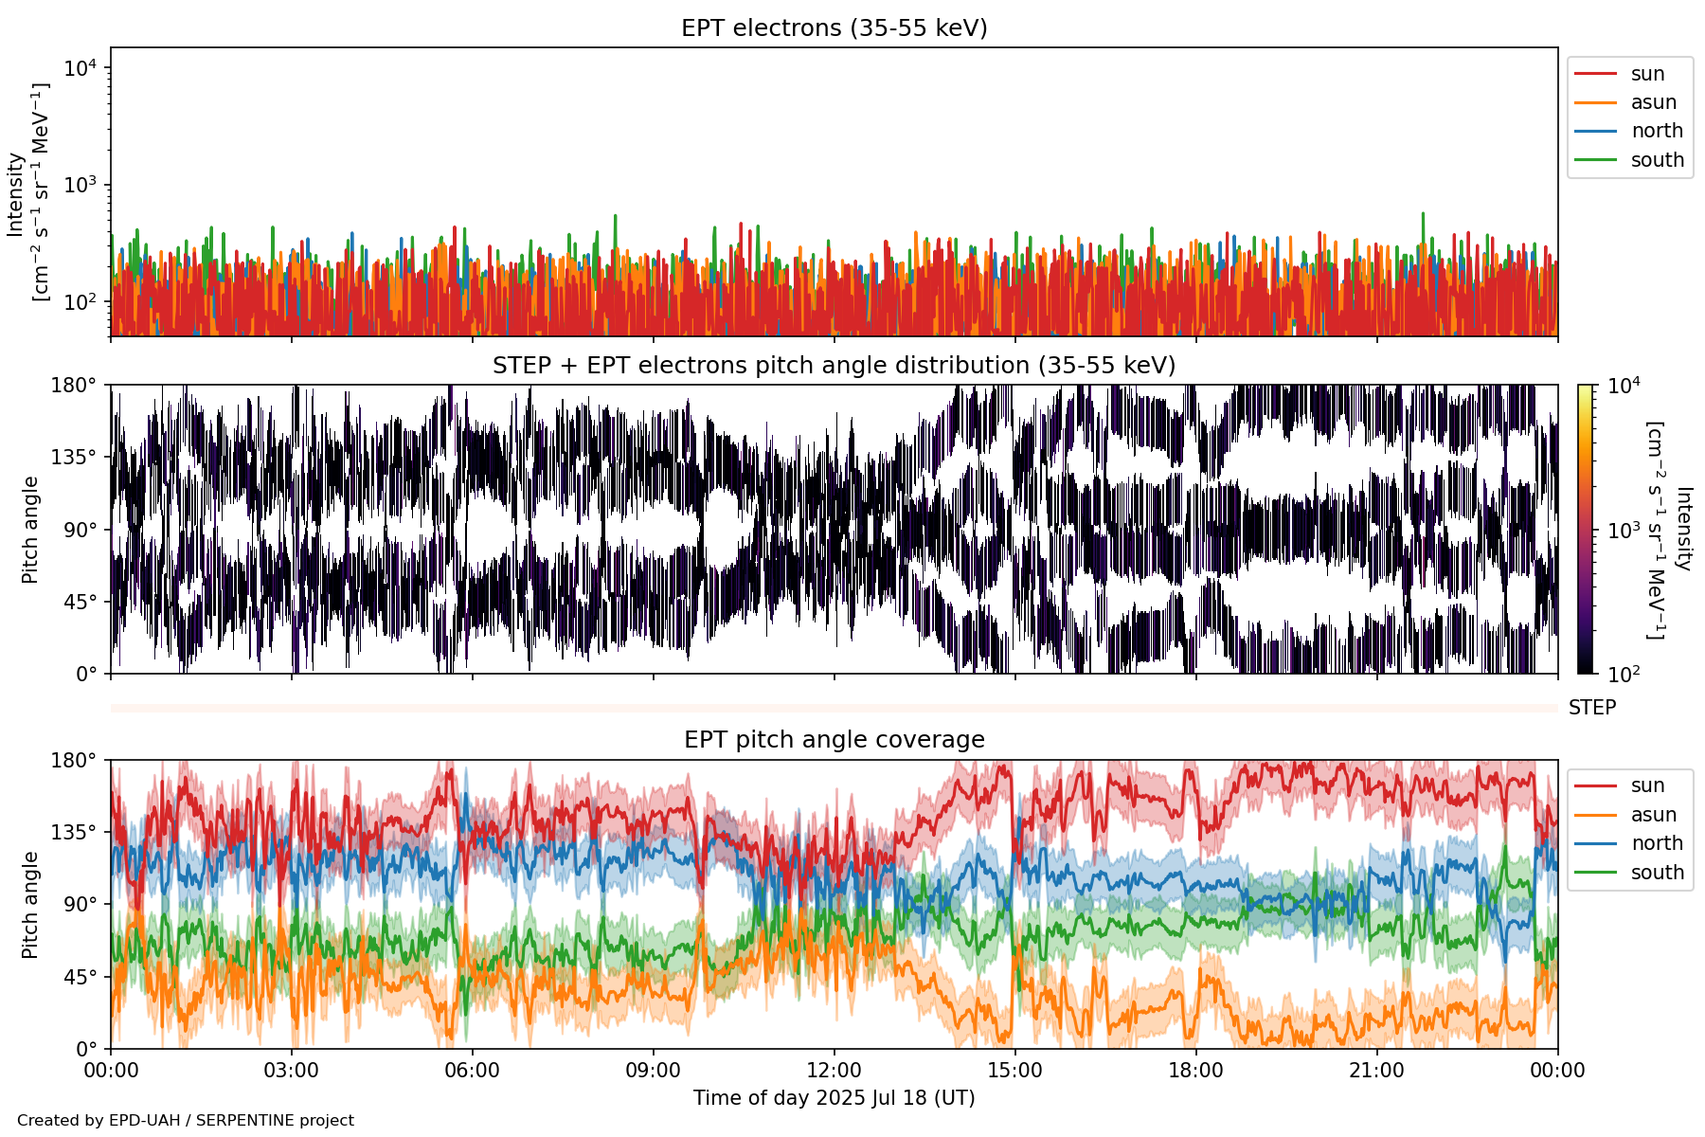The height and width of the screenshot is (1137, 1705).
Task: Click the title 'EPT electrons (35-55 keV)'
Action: point(834,28)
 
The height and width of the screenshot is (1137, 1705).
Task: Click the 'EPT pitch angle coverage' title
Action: point(834,740)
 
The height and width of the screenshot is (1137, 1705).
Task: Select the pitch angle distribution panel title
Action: point(834,366)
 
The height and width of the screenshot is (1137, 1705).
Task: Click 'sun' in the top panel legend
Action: point(1647,74)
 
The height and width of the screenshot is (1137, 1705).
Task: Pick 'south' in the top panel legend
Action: point(1657,160)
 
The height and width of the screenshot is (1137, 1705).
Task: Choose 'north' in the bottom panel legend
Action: point(1657,843)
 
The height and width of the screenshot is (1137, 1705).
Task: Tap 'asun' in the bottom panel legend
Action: point(1653,815)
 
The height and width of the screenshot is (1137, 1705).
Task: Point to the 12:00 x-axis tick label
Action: point(834,1071)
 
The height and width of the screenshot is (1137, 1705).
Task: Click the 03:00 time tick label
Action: point(291,1071)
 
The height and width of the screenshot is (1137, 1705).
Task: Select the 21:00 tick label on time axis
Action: point(1376,1071)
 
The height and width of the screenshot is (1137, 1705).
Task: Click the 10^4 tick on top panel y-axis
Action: point(81,68)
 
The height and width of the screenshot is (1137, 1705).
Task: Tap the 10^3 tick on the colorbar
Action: point(1624,531)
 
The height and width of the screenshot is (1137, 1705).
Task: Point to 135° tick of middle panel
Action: point(74,458)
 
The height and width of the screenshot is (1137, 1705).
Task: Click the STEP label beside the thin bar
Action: point(1592,708)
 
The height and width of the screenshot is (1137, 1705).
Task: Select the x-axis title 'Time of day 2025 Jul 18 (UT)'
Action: point(834,1098)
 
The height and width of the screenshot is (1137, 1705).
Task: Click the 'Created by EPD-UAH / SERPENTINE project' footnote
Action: point(186,1121)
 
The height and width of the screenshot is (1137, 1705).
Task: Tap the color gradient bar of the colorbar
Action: point(1586,530)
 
